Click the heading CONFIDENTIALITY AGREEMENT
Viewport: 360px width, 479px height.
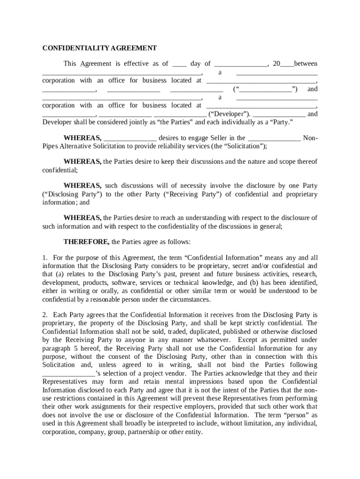(x=100, y=48)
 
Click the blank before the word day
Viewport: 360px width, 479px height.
(x=180, y=65)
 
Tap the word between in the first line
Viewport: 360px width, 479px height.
(x=306, y=64)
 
